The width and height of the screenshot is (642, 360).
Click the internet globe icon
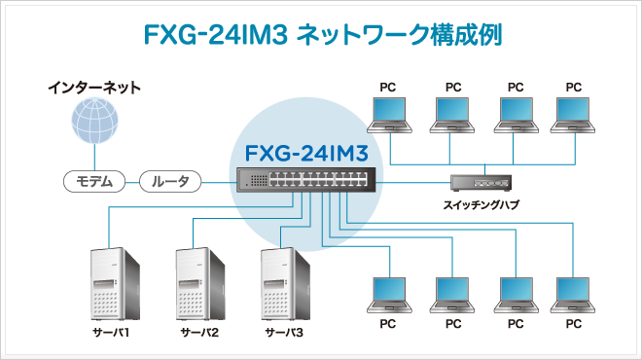(94, 123)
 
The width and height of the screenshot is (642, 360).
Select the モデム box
(95, 181)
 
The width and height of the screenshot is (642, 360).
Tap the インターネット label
(94, 88)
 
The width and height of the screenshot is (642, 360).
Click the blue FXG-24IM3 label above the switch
(303, 153)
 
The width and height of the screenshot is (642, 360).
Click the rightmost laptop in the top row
(573, 114)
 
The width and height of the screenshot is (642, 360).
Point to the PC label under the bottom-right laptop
(573, 323)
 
